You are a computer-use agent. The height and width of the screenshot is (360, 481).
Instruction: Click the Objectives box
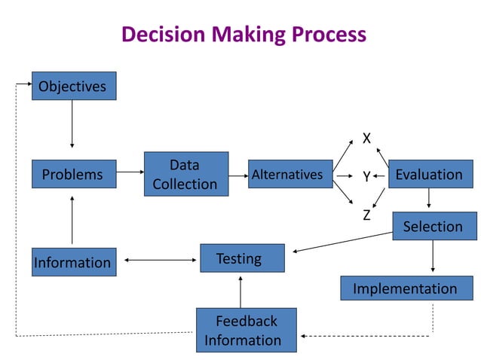click(73, 86)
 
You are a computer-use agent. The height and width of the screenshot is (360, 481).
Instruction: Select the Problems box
click(73, 174)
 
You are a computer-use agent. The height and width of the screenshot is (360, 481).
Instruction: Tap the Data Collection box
click(185, 174)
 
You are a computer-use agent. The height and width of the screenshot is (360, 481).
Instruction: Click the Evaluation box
click(429, 174)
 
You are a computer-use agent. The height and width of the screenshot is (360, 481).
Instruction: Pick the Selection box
click(434, 226)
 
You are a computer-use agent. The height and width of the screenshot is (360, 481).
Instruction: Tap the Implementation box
click(405, 288)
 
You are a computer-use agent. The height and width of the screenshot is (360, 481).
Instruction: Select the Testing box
click(242, 258)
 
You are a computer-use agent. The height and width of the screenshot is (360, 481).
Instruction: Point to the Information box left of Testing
click(73, 262)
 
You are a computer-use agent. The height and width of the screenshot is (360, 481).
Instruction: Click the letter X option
click(366, 139)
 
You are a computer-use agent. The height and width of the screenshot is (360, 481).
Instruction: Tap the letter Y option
click(366, 177)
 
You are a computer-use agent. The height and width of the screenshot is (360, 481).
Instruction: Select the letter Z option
click(366, 215)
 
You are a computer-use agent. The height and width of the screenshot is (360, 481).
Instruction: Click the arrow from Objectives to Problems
click(72, 124)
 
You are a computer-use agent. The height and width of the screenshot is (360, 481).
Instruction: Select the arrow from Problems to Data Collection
click(130, 172)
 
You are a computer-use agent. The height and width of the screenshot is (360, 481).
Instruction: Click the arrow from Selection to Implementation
click(433, 258)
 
